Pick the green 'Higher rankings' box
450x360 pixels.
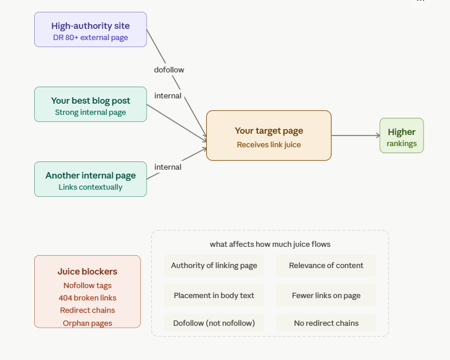point(401,136)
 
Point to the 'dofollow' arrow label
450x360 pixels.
point(169,70)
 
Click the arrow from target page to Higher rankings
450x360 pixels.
point(356,136)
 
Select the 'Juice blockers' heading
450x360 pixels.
point(87,272)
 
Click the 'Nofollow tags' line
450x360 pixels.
point(87,285)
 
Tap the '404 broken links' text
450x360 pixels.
point(87,298)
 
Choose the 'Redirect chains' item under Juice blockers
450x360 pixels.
point(87,310)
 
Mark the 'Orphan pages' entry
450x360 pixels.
point(87,323)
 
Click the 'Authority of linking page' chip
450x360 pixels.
point(214,265)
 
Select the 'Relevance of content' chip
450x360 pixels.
point(326,265)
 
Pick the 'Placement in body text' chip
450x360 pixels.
point(214,295)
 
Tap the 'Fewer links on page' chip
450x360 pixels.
point(326,295)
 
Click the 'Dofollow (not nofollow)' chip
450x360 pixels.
point(214,323)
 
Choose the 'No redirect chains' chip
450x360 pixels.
point(326,323)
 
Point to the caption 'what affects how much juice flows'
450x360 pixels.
point(270,244)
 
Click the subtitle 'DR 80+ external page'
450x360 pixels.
point(90,38)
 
